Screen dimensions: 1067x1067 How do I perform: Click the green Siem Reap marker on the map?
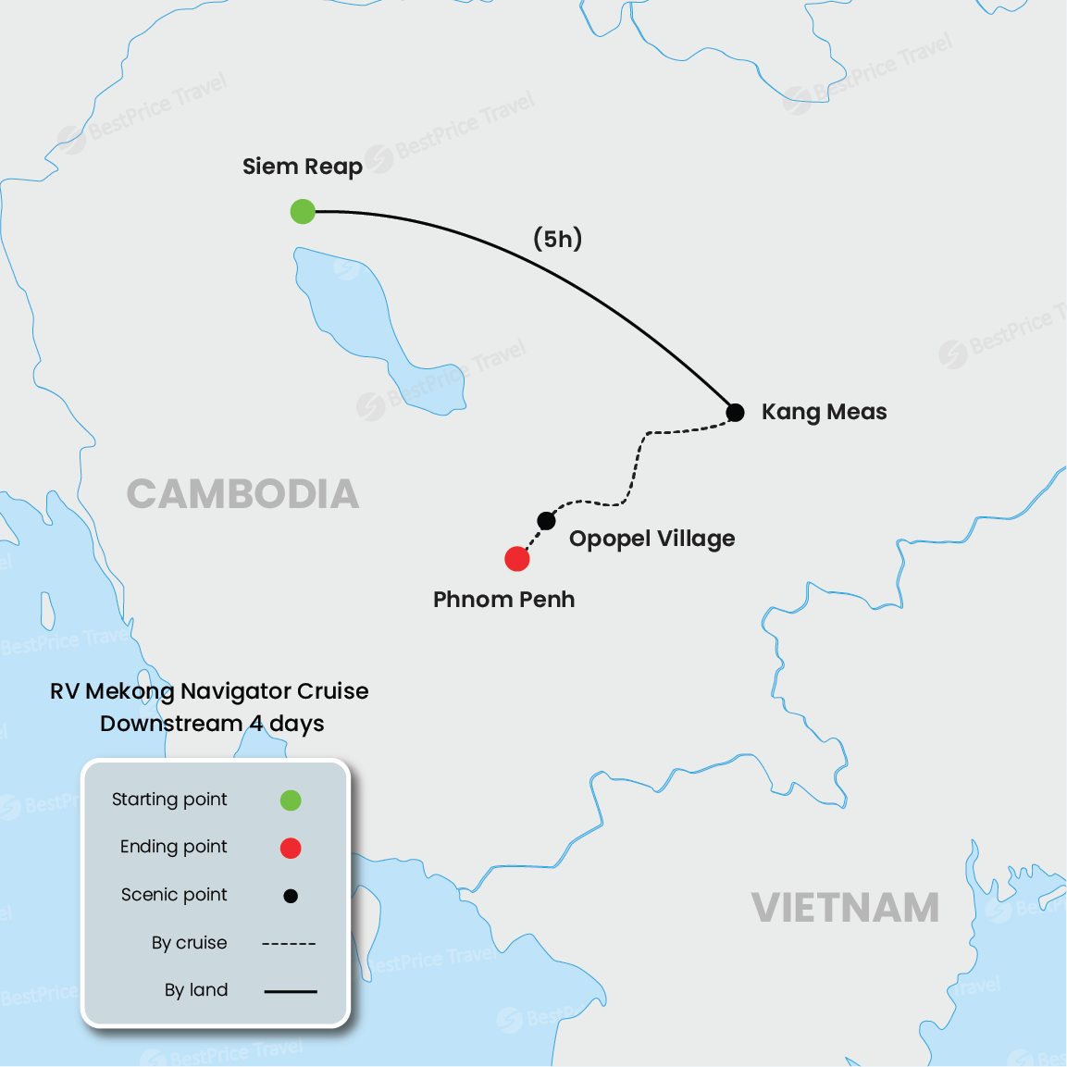pyautogui.click(x=303, y=212)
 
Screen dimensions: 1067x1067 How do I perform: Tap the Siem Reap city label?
pyautogui.click(x=302, y=167)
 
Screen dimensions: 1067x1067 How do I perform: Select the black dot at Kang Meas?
pyautogui.click(x=735, y=412)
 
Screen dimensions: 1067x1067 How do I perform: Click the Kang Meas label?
pyautogui.click(x=824, y=412)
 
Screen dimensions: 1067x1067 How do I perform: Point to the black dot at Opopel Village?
pyautogui.click(x=547, y=520)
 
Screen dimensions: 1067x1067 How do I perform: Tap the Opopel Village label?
pyautogui.click(x=651, y=539)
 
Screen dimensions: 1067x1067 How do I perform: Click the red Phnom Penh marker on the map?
pyautogui.click(x=517, y=559)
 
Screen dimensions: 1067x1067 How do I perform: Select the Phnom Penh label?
pyautogui.click(x=503, y=600)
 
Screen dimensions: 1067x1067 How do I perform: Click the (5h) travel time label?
pyautogui.click(x=557, y=239)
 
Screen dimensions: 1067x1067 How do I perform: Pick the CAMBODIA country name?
pyautogui.click(x=242, y=494)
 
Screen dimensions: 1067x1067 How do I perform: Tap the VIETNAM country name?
pyautogui.click(x=845, y=908)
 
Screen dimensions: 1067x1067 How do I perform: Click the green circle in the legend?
pyautogui.click(x=291, y=800)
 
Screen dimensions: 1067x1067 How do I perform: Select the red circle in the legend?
pyautogui.click(x=291, y=848)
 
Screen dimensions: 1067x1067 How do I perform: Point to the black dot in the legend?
pyautogui.click(x=291, y=896)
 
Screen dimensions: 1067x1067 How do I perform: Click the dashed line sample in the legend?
pyautogui.click(x=290, y=944)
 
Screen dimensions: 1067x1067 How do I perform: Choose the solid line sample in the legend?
pyautogui.click(x=291, y=991)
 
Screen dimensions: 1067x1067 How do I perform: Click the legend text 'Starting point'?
pyautogui.click(x=169, y=800)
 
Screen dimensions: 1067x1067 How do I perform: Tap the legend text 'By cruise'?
pyautogui.click(x=189, y=943)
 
